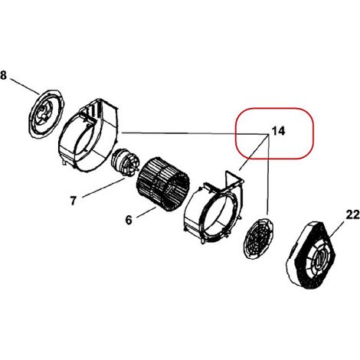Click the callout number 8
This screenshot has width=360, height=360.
(x=3, y=75)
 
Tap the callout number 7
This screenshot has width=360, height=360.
(x=74, y=201)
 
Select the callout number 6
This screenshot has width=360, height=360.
(x=129, y=220)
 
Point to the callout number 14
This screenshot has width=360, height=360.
(x=278, y=131)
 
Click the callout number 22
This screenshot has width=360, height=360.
(x=352, y=214)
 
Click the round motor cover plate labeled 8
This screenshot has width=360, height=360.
(x=46, y=114)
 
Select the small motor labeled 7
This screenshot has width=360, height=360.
(x=125, y=162)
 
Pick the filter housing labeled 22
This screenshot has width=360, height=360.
(x=310, y=255)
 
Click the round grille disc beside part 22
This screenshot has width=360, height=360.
(x=258, y=238)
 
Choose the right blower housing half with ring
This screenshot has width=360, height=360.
(x=214, y=207)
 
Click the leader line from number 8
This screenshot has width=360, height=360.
(x=25, y=87)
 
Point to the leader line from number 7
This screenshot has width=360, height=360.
(x=104, y=188)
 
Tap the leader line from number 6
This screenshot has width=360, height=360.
(x=146, y=212)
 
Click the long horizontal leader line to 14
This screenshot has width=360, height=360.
(x=195, y=133)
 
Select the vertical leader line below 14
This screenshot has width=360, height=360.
(x=269, y=174)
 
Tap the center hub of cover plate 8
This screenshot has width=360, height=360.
(x=43, y=113)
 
